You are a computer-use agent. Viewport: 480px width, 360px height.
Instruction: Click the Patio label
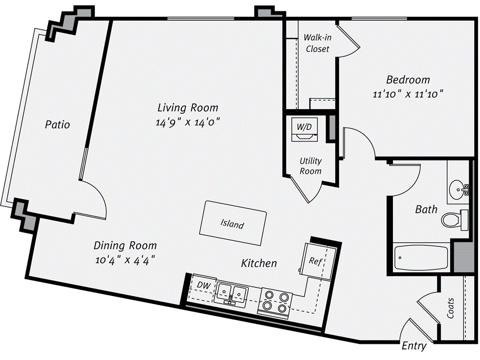click(x=58, y=125)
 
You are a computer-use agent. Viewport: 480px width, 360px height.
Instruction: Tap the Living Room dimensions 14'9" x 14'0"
click(x=188, y=122)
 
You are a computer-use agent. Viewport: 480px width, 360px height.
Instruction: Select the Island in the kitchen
click(x=232, y=225)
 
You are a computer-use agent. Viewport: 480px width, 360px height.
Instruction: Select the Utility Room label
click(x=311, y=166)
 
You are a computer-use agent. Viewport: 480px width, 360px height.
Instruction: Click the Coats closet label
click(x=450, y=308)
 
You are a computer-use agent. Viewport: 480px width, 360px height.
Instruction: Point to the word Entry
click(x=414, y=346)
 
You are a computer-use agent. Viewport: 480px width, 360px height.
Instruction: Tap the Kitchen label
click(x=259, y=263)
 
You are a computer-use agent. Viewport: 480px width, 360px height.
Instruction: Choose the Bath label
click(x=426, y=209)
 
